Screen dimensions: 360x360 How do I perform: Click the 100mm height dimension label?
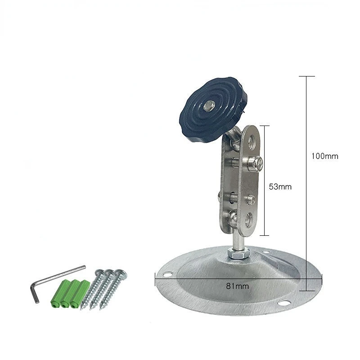324,156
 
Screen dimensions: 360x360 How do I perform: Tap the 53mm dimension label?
280,187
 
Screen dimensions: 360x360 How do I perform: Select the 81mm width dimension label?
238,286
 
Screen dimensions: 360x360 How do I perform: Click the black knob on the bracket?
213,109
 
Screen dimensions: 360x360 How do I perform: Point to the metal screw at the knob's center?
209,105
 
